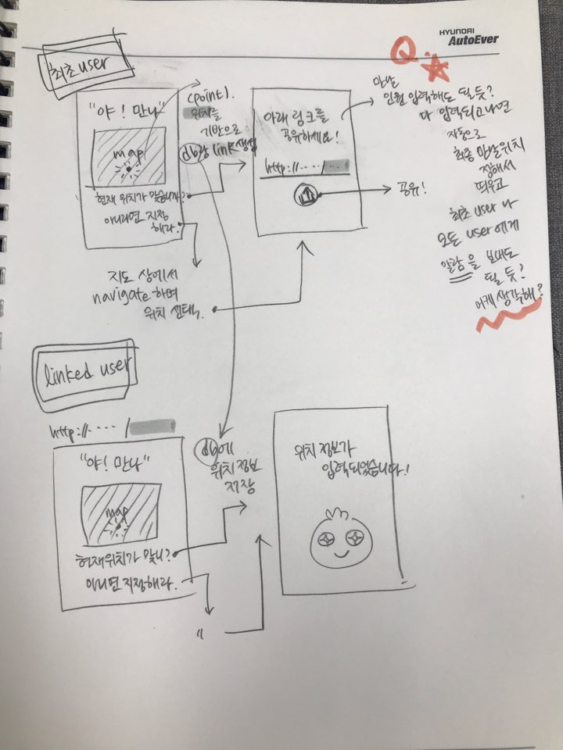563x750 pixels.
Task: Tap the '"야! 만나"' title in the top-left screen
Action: point(127,110)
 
